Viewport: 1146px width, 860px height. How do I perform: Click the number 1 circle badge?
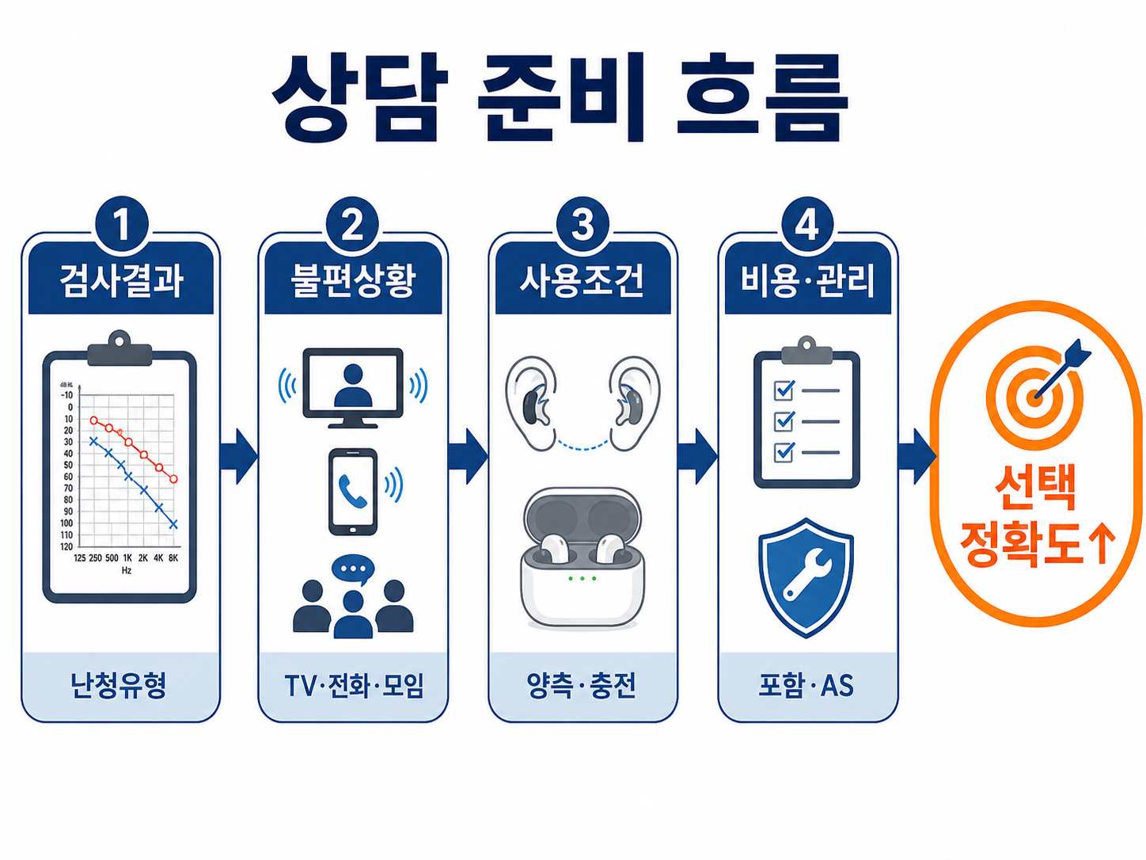point(122,225)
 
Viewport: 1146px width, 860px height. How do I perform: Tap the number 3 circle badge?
point(582,225)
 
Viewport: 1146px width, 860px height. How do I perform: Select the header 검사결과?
point(121,280)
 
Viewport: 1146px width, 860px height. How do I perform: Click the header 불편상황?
point(353,280)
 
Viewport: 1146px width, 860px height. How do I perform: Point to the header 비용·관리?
point(808,280)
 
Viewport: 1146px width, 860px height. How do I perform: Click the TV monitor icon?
point(353,388)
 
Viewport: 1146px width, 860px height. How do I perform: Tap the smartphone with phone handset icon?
point(353,492)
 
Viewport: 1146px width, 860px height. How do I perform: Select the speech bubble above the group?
point(353,569)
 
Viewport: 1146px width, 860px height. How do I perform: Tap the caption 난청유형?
point(119,686)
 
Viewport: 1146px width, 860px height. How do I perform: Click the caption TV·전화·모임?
point(354,686)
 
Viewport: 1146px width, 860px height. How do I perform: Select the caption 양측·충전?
point(582,686)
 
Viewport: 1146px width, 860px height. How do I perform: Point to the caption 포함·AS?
point(806,686)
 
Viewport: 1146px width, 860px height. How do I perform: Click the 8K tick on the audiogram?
point(173,558)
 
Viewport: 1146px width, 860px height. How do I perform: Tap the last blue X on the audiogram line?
point(174,524)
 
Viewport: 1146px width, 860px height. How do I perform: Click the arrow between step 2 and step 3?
point(468,456)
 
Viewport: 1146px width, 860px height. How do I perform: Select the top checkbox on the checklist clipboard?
point(784,390)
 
